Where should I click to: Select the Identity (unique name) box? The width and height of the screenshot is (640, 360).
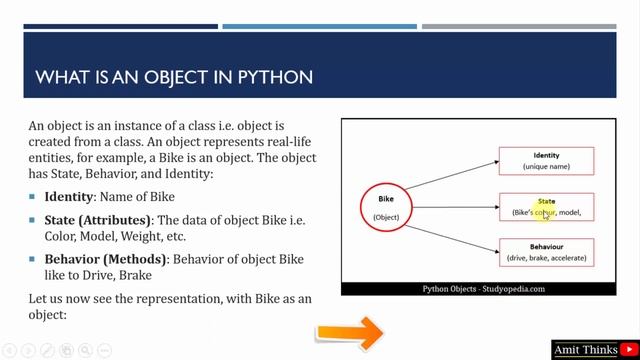pos(546,161)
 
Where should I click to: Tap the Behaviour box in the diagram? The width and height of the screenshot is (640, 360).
pos(546,252)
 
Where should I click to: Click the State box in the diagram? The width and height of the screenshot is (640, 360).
pos(546,207)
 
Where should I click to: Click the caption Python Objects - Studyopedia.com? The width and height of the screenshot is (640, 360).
pos(483,288)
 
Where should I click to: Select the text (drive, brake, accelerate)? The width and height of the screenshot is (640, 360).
pos(546,258)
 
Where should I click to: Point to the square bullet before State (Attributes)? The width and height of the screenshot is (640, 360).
pos(33,220)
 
